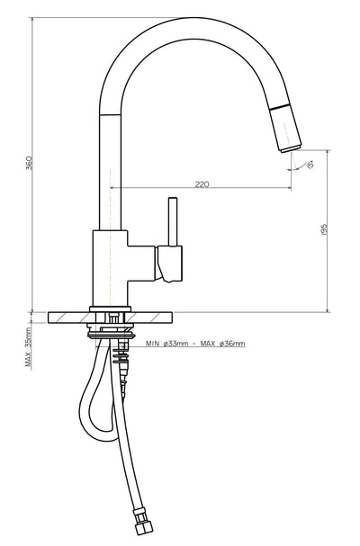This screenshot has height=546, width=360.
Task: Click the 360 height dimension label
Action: tap(29, 165)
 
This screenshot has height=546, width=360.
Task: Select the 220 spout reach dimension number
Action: tap(202, 183)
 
